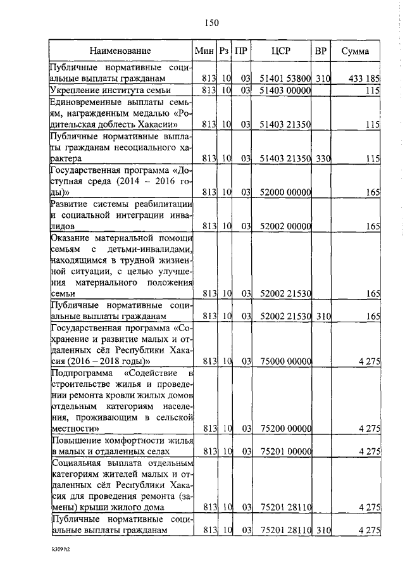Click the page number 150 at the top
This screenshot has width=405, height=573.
(211, 23)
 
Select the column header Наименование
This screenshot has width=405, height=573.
(120, 51)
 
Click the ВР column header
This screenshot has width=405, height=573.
(321, 51)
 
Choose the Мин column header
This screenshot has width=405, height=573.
(204, 51)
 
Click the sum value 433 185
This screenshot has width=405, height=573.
(364, 79)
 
